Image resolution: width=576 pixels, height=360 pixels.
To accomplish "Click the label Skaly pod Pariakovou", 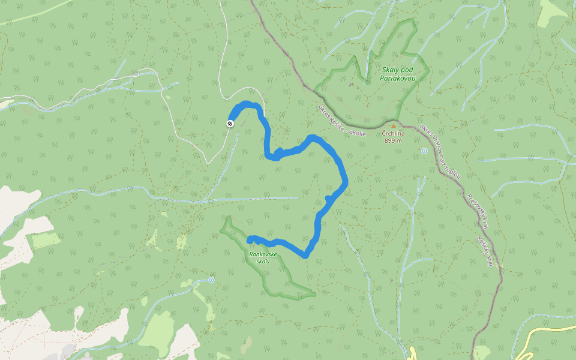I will (397, 73).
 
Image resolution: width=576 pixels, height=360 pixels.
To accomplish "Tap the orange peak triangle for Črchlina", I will (394, 125).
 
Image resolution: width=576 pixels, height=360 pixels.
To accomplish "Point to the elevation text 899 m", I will (394, 140).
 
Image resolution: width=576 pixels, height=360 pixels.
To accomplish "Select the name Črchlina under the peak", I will (394, 133).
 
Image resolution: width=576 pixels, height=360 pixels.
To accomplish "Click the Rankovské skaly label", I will (262, 258).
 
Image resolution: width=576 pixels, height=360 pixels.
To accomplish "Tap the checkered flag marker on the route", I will (230, 124).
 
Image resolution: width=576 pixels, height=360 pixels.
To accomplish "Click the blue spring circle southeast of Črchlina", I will (424, 151).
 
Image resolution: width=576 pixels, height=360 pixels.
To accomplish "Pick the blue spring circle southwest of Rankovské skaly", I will (211, 280).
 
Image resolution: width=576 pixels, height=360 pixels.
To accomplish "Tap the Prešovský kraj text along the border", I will (478, 211).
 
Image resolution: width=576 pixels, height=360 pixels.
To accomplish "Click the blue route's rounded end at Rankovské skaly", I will (250, 239).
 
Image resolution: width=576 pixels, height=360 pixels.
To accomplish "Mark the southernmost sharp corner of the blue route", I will (305, 255).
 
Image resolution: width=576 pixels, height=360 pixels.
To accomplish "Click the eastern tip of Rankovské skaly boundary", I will (314, 295).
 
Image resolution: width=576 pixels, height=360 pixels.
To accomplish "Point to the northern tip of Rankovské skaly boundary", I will (227, 217).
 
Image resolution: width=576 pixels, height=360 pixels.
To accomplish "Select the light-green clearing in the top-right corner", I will (552, 13).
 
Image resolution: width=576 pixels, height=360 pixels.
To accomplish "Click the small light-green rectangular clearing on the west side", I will (45, 240).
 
